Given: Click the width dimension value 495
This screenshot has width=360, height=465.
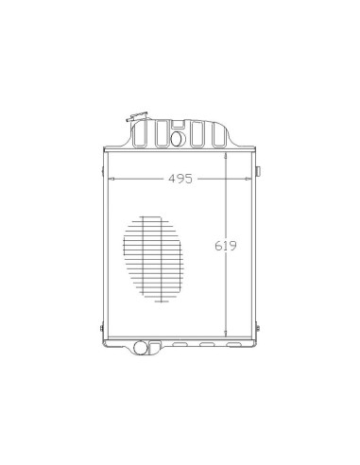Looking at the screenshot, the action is point(180,179).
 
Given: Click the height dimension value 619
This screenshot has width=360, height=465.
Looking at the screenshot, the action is point(226,246).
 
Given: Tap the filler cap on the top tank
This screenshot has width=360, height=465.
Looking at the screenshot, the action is point(137,116).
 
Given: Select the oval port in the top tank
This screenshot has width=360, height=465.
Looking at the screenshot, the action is point(177,139).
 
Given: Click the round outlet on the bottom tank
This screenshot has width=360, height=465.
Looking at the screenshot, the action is point(140,348).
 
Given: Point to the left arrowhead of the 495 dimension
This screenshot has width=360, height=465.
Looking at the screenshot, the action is point(111,179).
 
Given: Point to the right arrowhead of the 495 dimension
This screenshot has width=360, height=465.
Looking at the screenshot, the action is point(249,179).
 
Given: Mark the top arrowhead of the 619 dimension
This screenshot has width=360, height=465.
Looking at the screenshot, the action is point(226,156).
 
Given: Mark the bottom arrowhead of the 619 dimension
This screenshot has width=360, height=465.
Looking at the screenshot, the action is point(226,334).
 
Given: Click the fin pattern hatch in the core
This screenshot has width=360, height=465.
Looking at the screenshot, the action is point(153,259).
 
